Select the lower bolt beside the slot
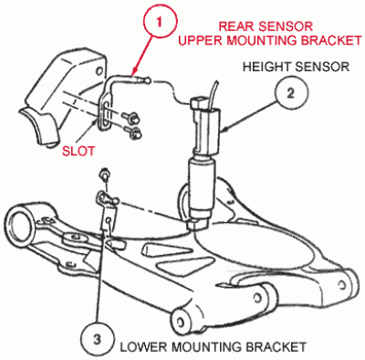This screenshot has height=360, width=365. pyautogui.click(x=136, y=135)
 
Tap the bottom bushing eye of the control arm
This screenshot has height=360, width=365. pyautogui.click(x=182, y=320)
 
